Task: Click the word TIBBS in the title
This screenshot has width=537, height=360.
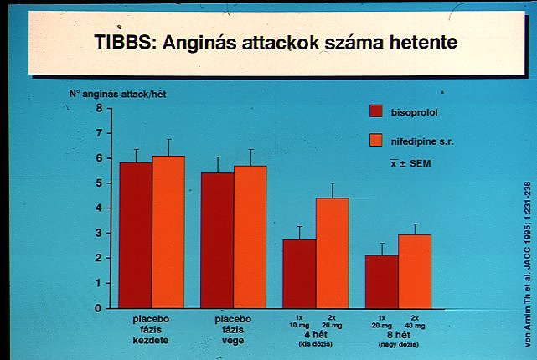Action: pyautogui.click(x=127, y=43)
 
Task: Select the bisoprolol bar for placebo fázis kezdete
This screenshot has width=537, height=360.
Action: pyautogui.click(x=136, y=234)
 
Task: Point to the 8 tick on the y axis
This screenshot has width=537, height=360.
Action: pyautogui.click(x=99, y=108)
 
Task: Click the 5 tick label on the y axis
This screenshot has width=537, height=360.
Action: pyautogui.click(x=99, y=183)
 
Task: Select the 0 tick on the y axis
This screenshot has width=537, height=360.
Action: pyautogui.click(x=99, y=308)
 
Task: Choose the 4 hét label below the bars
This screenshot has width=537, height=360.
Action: pyautogui.click(x=315, y=335)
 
